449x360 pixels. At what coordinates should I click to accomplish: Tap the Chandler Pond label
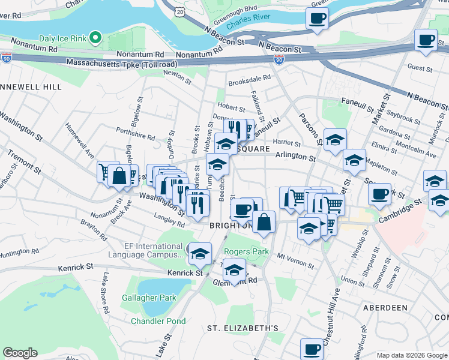point(158,321)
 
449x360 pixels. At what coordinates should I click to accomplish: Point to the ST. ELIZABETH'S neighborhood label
point(243,328)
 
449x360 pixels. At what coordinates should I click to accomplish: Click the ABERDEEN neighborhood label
point(385,307)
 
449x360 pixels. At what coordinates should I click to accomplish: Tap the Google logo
point(20,353)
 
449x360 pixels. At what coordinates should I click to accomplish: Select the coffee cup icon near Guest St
point(426,40)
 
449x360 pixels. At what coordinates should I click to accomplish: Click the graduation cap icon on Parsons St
point(335,140)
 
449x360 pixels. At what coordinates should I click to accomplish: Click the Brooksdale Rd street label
point(249,77)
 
